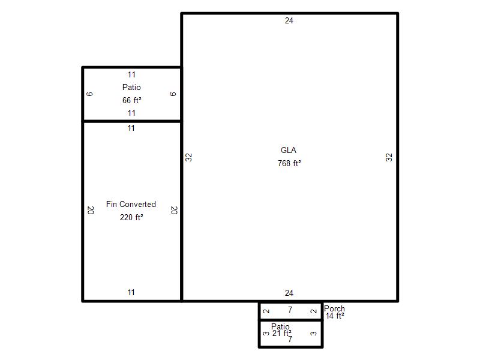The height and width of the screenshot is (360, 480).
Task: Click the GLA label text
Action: click(289, 151)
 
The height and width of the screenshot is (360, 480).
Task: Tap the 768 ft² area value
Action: click(289, 163)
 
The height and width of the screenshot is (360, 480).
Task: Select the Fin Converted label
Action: click(131, 204)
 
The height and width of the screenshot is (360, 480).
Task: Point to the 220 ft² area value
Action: click(131, 217)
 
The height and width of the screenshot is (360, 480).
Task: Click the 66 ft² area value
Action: click(132, 100)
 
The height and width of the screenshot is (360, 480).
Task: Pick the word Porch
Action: click(334, 308)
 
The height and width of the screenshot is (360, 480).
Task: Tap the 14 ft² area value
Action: click(335, 316)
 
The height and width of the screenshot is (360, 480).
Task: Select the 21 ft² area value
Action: click(282, 333)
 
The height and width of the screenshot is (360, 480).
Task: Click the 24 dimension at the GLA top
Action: click(289, 21)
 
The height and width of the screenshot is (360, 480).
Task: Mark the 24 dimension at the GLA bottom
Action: click(289, 293)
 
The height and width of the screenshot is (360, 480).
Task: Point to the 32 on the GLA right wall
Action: click(389, 157)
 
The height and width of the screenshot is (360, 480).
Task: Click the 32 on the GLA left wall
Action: click(188, 157)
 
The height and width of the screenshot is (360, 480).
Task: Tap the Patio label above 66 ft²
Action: click(131, 87)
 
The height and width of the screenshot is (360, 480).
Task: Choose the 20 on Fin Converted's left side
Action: click(91, 211)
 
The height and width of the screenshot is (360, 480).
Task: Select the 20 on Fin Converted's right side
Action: click(174, 211)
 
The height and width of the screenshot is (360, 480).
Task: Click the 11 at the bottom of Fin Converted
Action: click(131, 292)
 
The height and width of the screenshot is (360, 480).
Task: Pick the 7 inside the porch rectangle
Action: click(290, 310)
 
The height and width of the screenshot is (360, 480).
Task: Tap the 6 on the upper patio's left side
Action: click(89, 94)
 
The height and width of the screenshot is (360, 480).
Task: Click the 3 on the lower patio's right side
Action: click(313, 334)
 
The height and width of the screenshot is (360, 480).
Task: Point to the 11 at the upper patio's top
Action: click(131, 74)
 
